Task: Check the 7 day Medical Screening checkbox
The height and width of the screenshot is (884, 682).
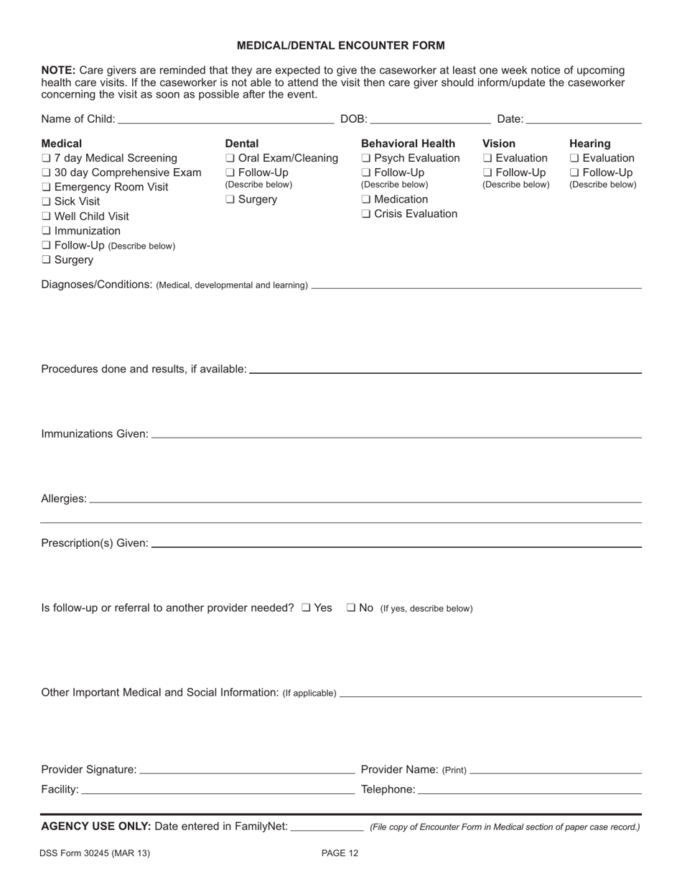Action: (x=46, y=158)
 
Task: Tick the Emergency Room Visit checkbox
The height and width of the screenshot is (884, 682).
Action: (x=46, y=188)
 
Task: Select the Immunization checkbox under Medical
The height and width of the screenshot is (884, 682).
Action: (x=46, y=231)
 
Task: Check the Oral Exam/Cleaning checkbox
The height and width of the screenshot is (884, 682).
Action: (x=230, y=158)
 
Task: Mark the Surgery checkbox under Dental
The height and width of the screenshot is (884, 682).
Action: (x=230, y=200)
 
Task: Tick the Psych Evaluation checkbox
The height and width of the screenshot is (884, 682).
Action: (x=366, y=158)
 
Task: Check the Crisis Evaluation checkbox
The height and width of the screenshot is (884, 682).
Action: (x=366, y=214)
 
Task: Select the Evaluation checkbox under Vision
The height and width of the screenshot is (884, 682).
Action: (x=487, y=158)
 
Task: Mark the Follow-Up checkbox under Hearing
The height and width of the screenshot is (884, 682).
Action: (x=574, y=173)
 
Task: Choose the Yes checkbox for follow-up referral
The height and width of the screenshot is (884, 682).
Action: (x=307, y=608)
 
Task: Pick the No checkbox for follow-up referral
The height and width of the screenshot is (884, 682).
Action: (x=351, y=608)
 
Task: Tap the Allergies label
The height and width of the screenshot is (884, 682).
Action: (x=64, y=499)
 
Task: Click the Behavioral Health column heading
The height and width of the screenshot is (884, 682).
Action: (x=408, y=144)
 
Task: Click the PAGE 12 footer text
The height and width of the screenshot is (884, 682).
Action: (x=340, y=854)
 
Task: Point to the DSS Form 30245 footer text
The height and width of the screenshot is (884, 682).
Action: (x=95, y=854)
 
